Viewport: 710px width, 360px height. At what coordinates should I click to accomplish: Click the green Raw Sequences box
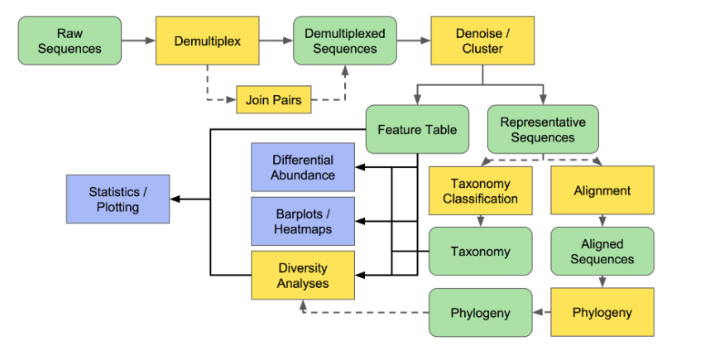[x=69, y=41]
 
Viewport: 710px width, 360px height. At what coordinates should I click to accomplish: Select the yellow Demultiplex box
[x=207, y=41]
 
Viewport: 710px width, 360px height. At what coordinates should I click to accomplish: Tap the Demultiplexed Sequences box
[x=345, y=41]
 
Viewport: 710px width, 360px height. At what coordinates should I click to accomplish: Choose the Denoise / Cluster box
[x=482, y=41]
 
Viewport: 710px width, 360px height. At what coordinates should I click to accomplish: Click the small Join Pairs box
[x=274, y=100]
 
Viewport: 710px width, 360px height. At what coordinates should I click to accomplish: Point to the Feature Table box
[x=417, y=130]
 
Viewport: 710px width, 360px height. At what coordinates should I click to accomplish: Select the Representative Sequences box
[x=542, y=129]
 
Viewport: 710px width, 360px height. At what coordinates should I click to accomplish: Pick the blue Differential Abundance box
[x=303, y=167]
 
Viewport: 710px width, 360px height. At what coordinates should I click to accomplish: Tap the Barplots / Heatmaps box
[x=303, y=221]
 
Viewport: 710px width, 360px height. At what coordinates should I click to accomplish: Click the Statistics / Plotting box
[x=118, y=199]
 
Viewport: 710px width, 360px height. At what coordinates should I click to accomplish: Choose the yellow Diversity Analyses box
[x=303, y=276]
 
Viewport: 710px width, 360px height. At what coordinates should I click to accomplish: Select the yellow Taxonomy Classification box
[x=480, y=190]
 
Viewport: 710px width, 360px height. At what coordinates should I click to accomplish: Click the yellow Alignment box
[x=602, y=190]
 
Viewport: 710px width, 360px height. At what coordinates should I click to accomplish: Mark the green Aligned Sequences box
[x=602, y=252]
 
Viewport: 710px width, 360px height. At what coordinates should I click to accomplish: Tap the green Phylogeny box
[x=480, y=313]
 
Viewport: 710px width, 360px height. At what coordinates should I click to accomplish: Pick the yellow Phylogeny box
[x=602, y=312]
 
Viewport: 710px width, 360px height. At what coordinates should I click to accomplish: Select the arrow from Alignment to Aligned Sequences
[x=602, y=220]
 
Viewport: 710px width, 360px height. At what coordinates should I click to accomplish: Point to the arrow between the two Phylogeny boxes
[x=541, y=313]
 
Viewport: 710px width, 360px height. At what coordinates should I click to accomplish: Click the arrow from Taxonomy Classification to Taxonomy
[x=480, y=220]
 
